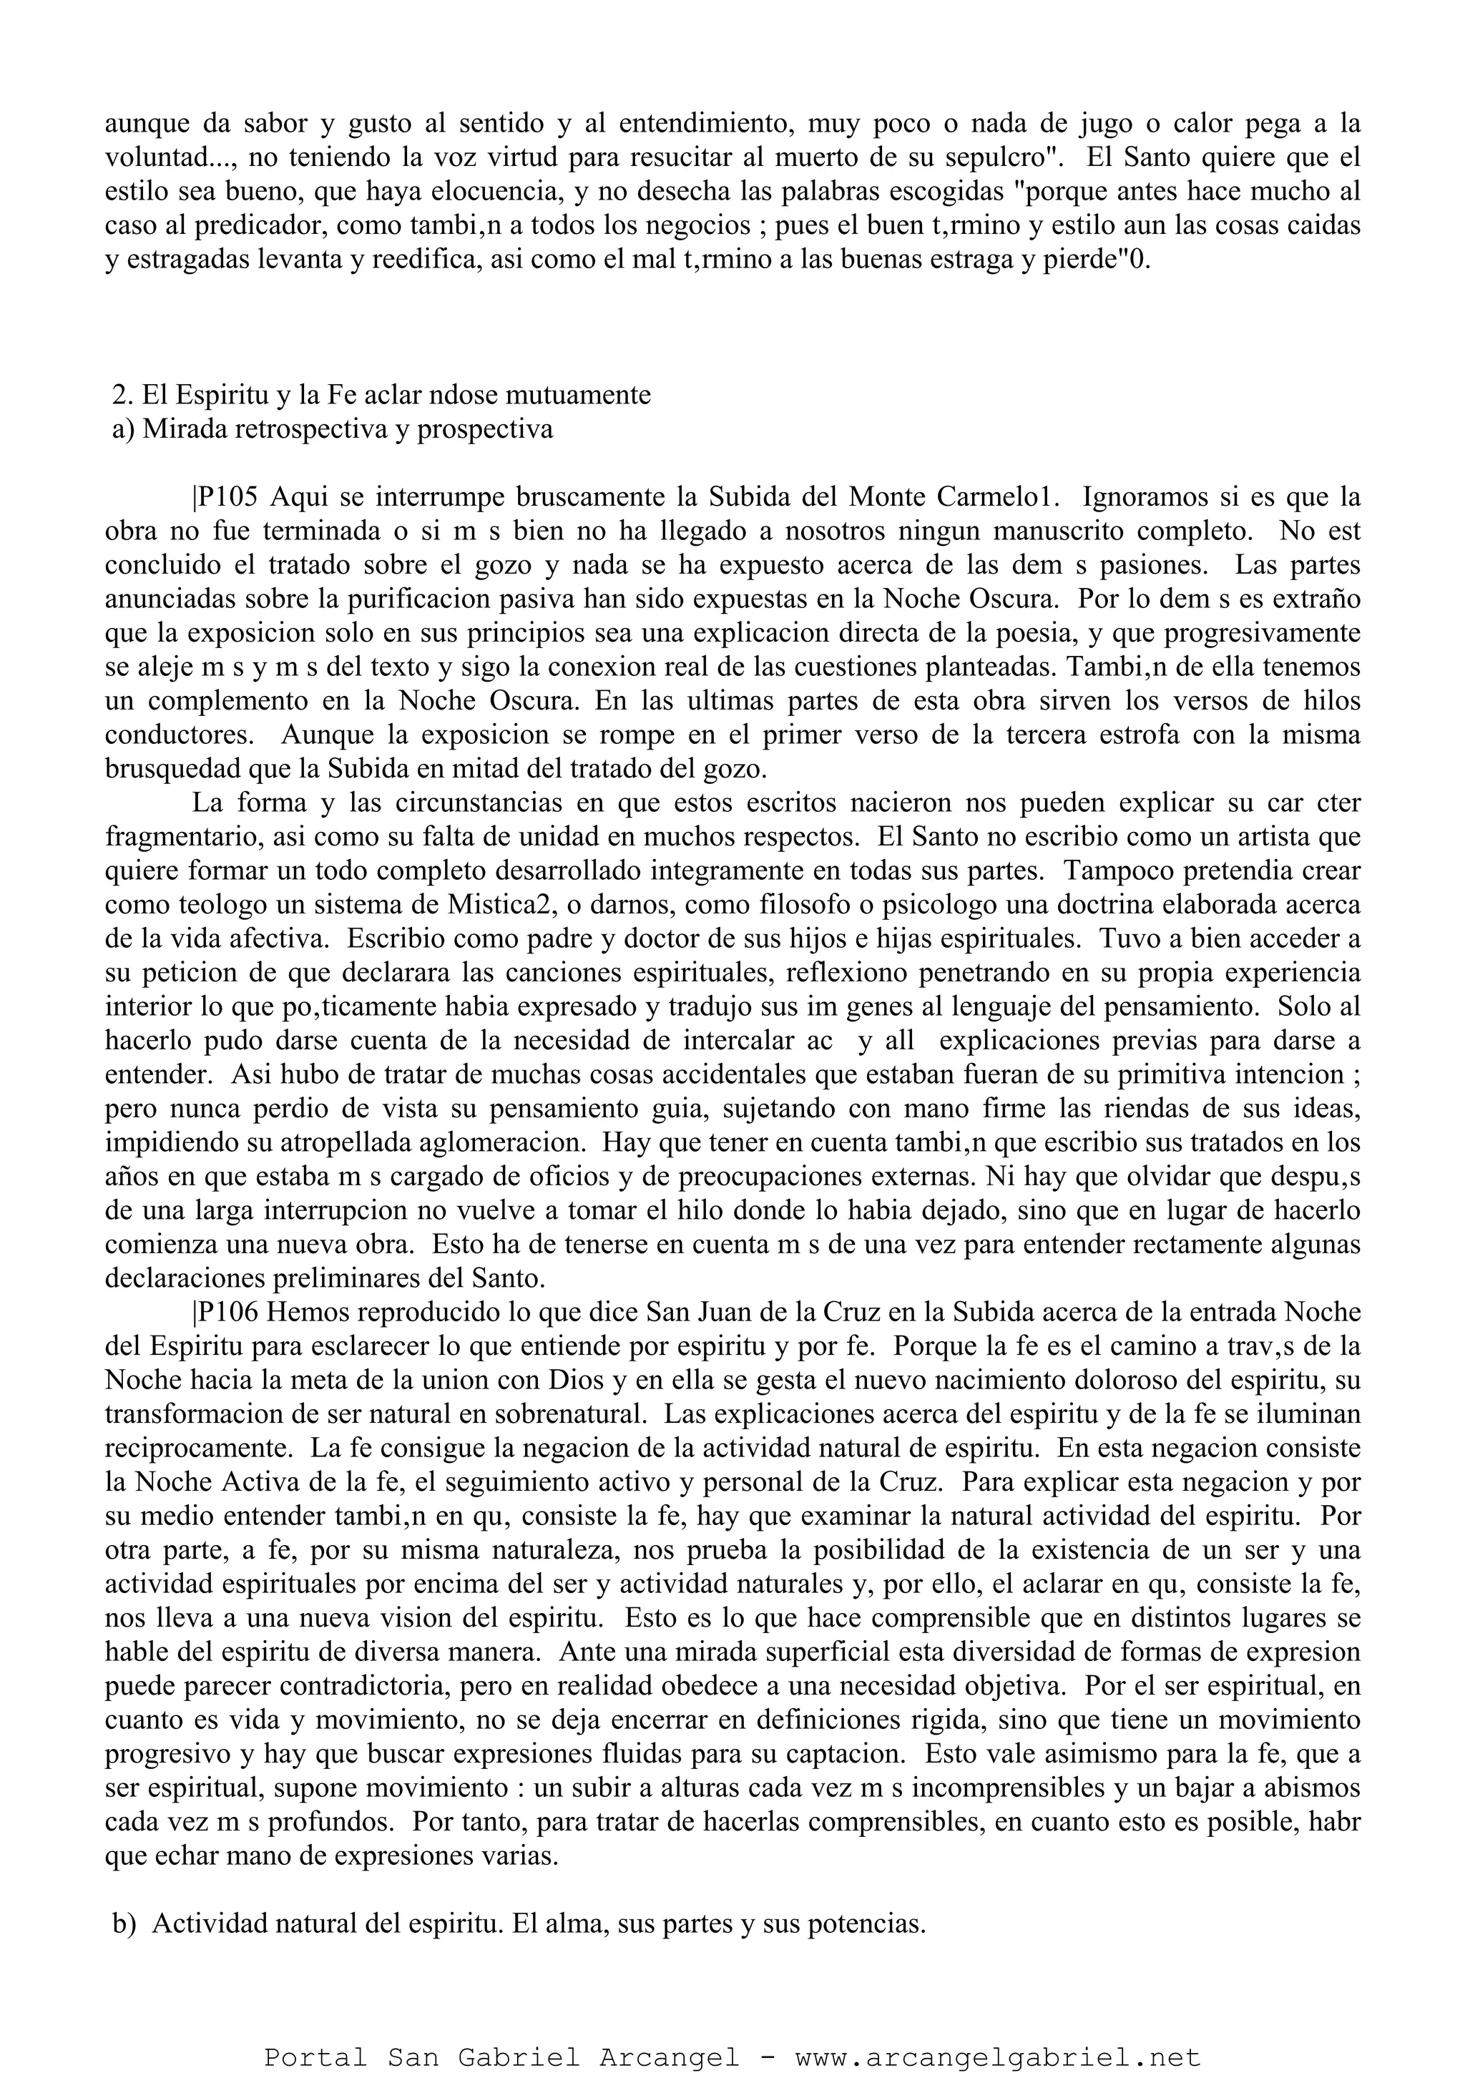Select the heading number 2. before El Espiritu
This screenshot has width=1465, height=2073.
pyautogui.click(x=124, y=396)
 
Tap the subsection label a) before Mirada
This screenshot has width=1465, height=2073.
pyautogui.click(x=124, y=429)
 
